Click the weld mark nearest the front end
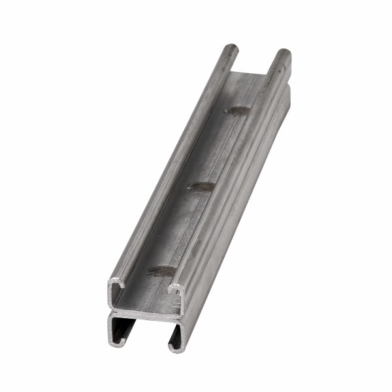tap(161, 270)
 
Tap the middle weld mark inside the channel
tap(201, 187)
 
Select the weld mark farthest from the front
tap(236, 110)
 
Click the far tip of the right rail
tap(284, 54)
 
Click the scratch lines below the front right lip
tap(177, 303)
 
